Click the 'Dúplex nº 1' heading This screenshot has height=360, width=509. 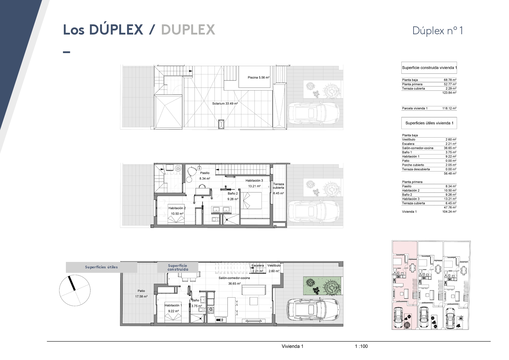[438, 30]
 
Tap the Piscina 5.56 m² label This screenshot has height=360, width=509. [259, 77]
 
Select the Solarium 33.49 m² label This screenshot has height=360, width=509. [225, 103]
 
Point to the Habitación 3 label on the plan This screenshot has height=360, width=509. [254, 180]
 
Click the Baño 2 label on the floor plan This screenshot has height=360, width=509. [233, 193]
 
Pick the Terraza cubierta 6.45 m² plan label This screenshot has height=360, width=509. [279, 189]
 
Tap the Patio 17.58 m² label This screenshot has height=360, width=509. [141, 294]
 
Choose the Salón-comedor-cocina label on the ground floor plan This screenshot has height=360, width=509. [234, 278]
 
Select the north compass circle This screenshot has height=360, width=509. [75, 290]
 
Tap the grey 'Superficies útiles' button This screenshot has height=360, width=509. [101, 267]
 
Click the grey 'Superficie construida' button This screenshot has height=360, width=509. [178, 267]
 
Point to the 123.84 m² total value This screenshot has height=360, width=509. [449, 93]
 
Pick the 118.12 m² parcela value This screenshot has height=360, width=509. [449, 108]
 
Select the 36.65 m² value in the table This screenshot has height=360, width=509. [450, 148]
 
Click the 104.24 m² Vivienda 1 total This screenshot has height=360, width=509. [449, 212]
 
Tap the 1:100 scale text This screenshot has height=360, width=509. [361, 346]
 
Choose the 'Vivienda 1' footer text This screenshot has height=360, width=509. [293, 346]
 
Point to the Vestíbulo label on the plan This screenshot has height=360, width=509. [274, 265]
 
